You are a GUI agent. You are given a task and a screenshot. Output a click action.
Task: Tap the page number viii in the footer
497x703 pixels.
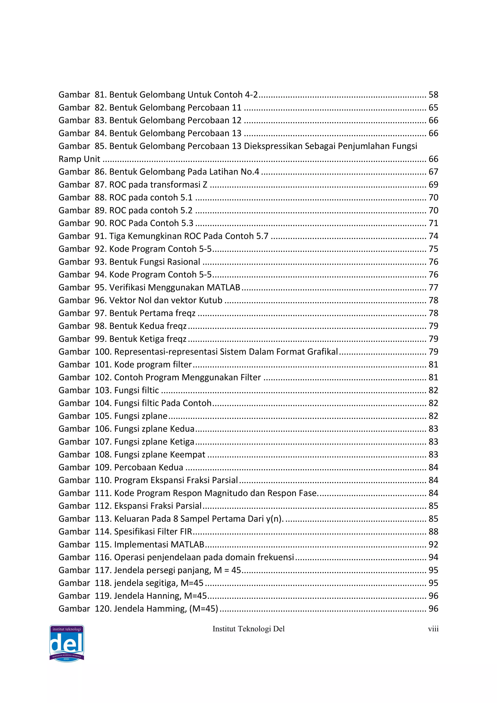coord(433,629)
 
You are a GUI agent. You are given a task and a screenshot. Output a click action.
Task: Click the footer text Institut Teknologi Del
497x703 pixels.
coord(248,629)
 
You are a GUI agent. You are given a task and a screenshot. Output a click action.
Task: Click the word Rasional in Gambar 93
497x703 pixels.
coord(185,262)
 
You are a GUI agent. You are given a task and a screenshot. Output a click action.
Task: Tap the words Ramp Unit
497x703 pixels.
coord(79,159)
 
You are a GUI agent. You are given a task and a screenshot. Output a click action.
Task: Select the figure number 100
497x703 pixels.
coord(102,352)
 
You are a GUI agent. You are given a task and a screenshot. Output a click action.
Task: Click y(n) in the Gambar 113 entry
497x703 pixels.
coord(274,519)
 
